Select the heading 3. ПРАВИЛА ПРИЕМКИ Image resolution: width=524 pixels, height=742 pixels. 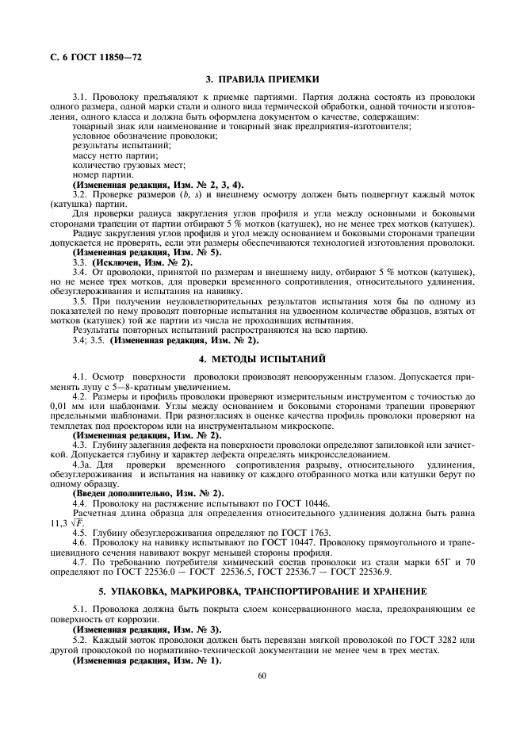tap(262, 79)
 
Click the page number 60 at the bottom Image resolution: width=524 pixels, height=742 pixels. tap(262, 675)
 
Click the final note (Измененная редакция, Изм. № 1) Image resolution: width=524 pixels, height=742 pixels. tap(148, 660)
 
